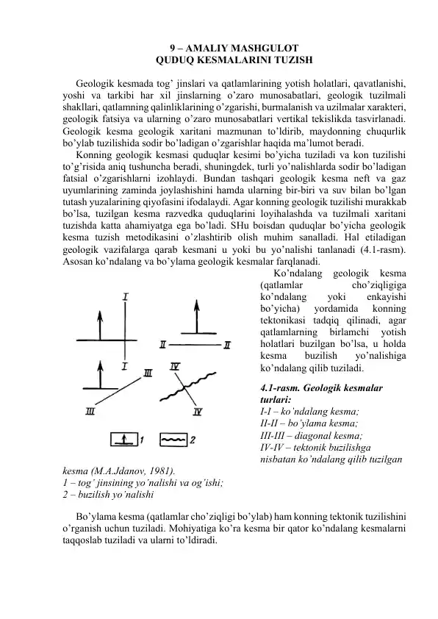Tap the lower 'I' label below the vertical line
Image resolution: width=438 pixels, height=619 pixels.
(x=125, y=365)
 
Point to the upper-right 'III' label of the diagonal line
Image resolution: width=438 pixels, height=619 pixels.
(x=148, y=373)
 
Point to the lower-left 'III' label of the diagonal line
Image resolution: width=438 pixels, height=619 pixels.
(x=90, y=412)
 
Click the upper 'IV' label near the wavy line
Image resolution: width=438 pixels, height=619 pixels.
(x=175, y=367)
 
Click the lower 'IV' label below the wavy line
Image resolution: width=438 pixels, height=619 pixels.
(x=197, y=412)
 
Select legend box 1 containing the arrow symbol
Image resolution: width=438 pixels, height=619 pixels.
(x=123, y=440)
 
